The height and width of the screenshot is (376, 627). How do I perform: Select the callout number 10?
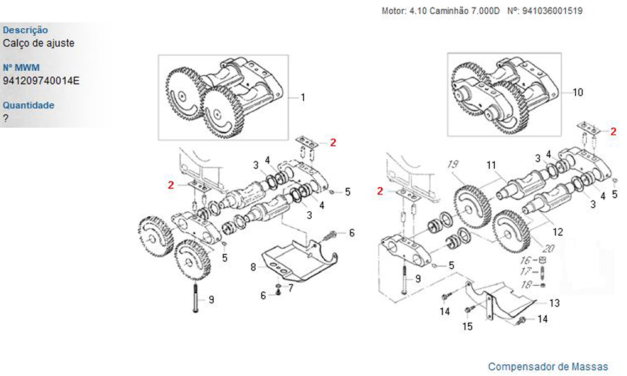[577, 92]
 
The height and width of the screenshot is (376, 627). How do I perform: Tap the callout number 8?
[253, 267]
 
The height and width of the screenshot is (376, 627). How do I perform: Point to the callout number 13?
[554, 303]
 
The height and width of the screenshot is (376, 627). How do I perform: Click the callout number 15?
[467, 326]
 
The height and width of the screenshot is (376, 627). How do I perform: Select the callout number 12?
[557, 232]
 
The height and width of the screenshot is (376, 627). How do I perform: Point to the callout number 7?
[291, 288]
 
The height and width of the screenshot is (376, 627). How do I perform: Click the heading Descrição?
[25, 29]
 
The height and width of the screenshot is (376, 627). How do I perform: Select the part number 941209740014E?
[41, 80]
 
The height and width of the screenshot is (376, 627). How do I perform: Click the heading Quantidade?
[28, 105]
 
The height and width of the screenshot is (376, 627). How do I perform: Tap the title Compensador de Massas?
[548, 366]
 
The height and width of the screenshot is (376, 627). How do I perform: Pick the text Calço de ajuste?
[38, 43]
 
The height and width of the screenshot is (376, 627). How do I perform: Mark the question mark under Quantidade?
[6, 118]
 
